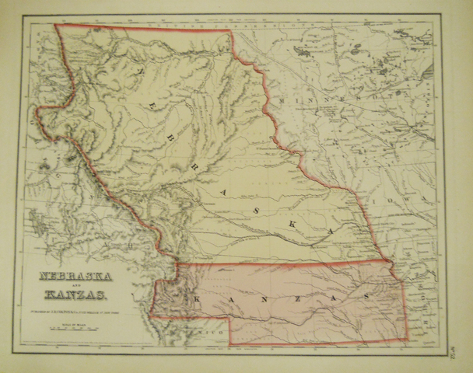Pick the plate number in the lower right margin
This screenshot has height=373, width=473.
click(454, 354)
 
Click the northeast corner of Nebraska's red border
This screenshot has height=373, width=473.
click(231, 31)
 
